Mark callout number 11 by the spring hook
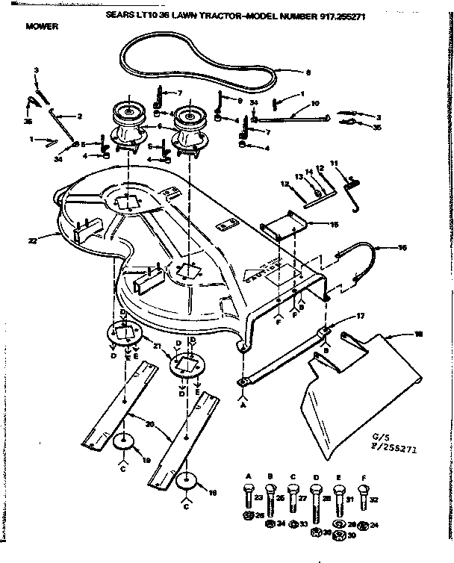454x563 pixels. pos(334,162)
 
